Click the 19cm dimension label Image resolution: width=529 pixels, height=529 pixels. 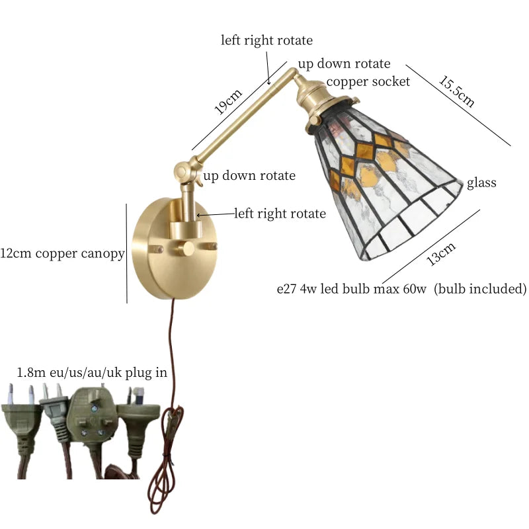[x=229, y=100]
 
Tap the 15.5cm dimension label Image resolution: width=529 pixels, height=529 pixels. [x=456, y=91]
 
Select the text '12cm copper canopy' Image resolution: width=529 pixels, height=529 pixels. [x=63, y=254]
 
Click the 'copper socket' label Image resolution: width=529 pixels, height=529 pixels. [x=368, y=81]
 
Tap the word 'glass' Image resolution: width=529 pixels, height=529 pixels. [x=481, y=183]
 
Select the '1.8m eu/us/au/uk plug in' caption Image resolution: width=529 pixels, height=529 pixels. [x=92, y=373]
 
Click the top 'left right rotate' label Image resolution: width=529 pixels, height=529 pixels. [x=266, y=40]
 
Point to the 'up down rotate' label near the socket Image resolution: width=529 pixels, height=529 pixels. [x=344, y=64]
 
